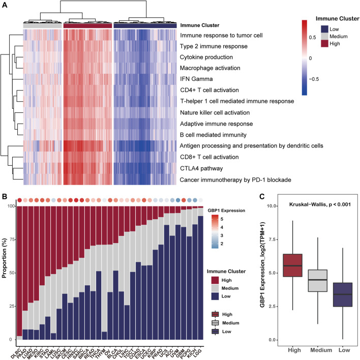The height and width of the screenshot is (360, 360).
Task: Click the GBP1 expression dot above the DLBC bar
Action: [19, 200]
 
